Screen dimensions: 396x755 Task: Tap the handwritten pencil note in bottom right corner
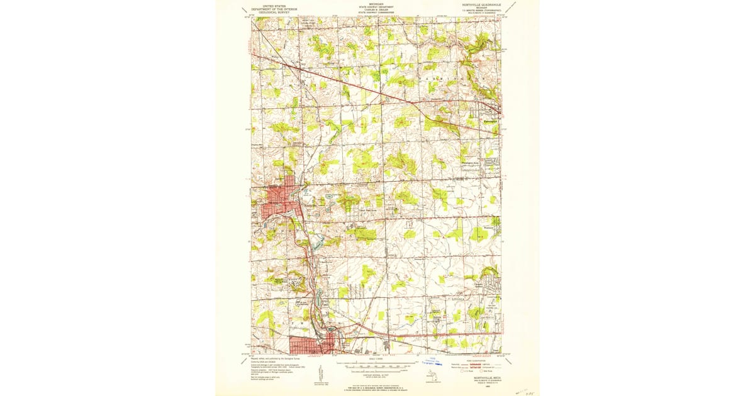coord(524,390)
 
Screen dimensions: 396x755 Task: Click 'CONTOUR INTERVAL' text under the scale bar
coord(377,371)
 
